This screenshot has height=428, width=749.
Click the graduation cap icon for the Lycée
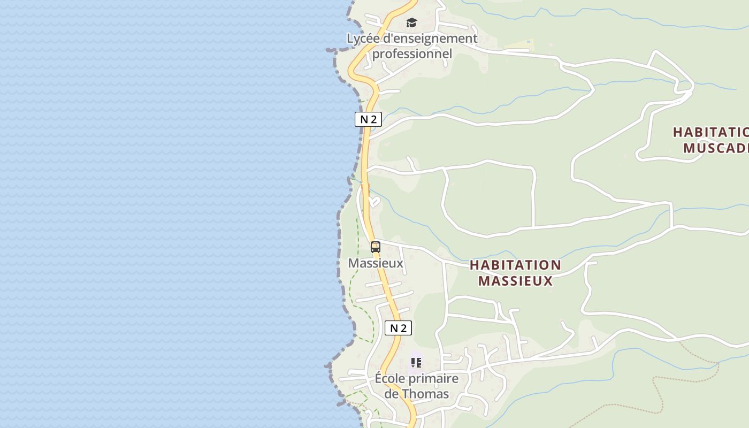pyautogui.click(x=411, y=22)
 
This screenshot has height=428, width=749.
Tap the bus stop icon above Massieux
pyautogui.click(x=376, y=247)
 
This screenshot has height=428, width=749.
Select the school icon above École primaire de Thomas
pyautogui.click(x=416, y=362)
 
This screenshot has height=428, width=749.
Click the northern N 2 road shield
pyautogui.click(x=368, y=119)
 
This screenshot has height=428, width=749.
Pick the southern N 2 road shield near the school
pyautogui.click(x=398, y=328)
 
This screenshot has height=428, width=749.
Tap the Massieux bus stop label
pyautogui.click(x=376, y=263)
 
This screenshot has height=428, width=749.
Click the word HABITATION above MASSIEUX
pyautogui.click(x=515, y=265)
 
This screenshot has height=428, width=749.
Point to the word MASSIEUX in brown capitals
pyautogui.click(x=515, y=281)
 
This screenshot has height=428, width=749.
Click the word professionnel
pyautogui.click(x=412, y=53)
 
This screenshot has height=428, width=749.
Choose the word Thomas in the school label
pyautogui.click(x=425, y=394)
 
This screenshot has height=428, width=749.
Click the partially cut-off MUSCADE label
pyautogui.click(x=716, y=148)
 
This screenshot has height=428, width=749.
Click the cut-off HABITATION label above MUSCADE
pyautogui.click(x=710, y=132)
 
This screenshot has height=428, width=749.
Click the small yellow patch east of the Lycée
pyautogui.click(x=518, y=45)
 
